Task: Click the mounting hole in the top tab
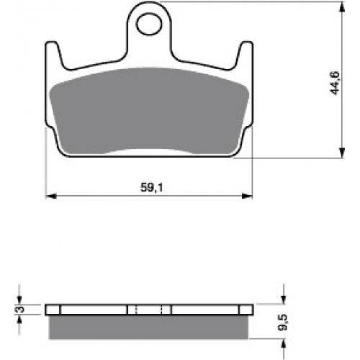pyautogui.click(x=149, y=24)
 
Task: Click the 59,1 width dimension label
pyautogui.click(x=152, y=187)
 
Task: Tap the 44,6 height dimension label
pyautogui.click(x=335, y=83)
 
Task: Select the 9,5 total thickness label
pyautogui.click(x=283, y=323)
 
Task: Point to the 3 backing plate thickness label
pyautogui.click(x=21, y=309)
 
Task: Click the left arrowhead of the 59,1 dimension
pyautogui.click(x=51, y=197)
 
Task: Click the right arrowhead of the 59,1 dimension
pyautogui.click(x=247, y=197)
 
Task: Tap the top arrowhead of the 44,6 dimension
pyautogui.click(x=342, y=7)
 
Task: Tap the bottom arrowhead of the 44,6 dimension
pyautogui.click(x=342, y=153)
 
